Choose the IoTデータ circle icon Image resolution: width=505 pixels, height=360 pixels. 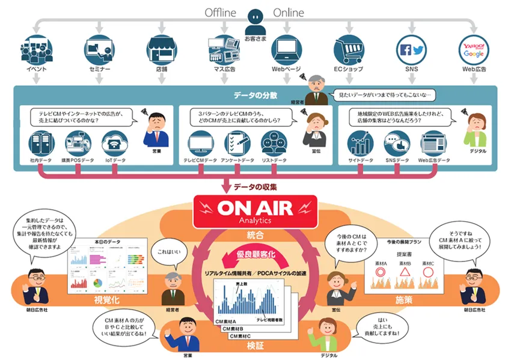115,144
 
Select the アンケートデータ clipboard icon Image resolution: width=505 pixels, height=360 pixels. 237,144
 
